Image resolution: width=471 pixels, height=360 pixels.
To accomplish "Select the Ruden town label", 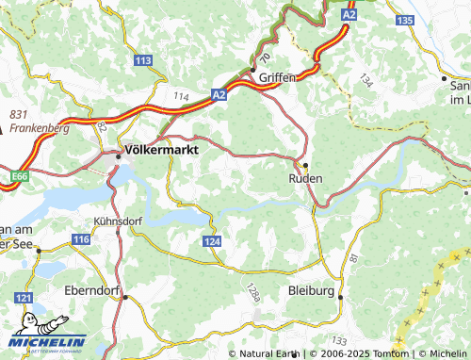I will (305, 177).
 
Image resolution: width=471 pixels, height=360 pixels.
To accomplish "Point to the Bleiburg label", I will (312, 291).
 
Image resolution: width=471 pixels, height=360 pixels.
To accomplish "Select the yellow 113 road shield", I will (143, 60).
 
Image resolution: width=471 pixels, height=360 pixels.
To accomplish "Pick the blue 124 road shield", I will (212, 242).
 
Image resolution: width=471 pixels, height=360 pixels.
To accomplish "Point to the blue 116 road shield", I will (81, 241).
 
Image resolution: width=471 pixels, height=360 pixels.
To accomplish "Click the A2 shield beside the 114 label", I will (219, 95).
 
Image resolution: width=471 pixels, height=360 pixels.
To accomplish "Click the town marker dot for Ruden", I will (304, 165).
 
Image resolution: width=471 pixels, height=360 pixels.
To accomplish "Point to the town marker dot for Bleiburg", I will (340, 297).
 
